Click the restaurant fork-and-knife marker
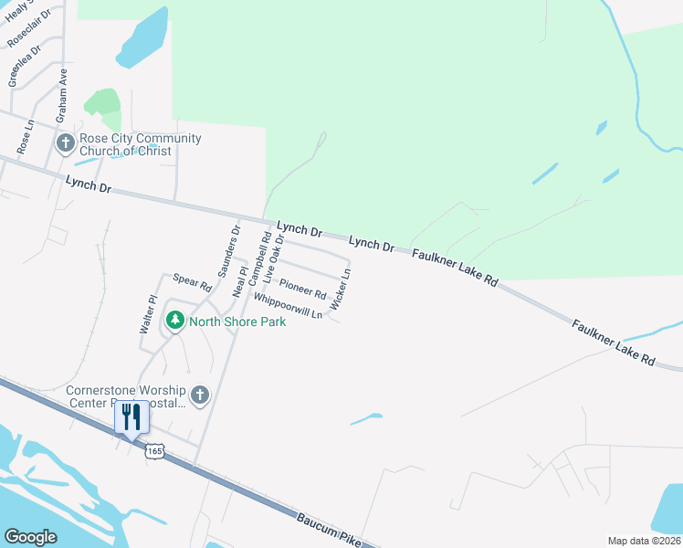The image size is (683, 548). tap(131, 417)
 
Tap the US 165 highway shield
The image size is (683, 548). tap(156, 451)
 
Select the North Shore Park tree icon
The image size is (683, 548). tap(174, 321)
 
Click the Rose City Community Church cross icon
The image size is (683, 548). tap(65, 143)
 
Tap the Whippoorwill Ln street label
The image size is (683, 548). tap(289, 305)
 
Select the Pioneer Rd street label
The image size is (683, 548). tap(303, 290)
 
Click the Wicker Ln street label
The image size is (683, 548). tap(341, 290)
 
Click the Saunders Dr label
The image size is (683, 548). tap(228, 251)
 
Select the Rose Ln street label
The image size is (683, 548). tap(25, 135)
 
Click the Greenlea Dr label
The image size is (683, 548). tap(25, 65)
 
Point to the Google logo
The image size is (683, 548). tap(31, 536)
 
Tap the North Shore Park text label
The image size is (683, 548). tap(237, 321)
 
